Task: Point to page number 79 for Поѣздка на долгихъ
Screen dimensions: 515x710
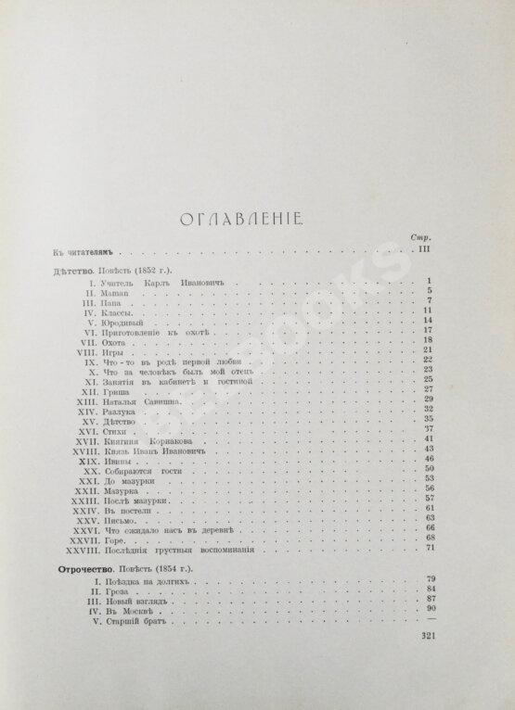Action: pyautogui.click(x=430, y=577)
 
